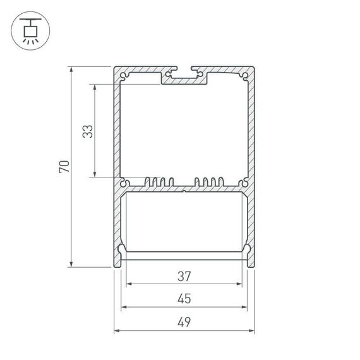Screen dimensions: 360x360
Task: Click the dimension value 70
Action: [x=63, y=167]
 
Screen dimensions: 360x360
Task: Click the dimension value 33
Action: [x=88, y=131]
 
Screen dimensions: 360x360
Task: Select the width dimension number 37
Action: [x=184, y=276]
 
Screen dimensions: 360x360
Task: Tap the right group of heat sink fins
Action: [x=210, y=183]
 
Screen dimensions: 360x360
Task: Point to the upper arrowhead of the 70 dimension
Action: [x=71, y=68]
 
